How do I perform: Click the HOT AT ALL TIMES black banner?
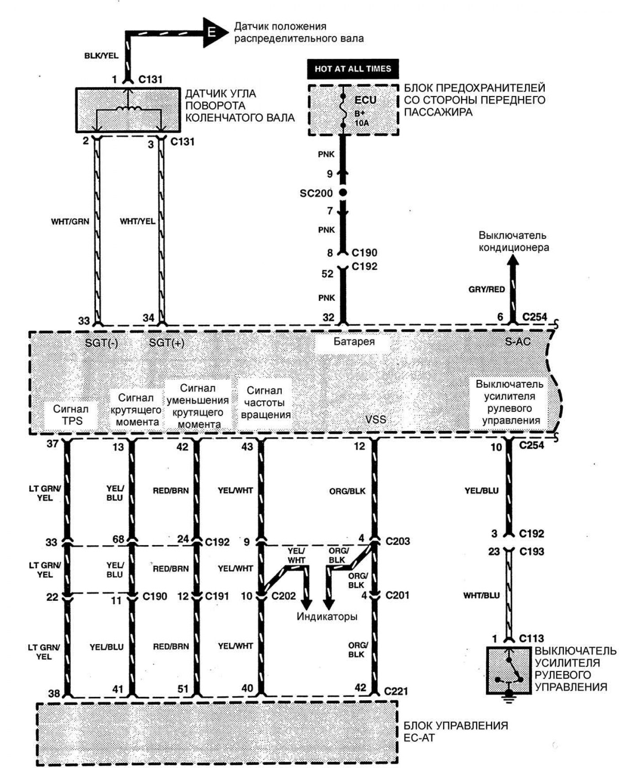point(353,69)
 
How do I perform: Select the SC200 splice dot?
point(343,193)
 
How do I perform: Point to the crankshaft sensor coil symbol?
point(128,108)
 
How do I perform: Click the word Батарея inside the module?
point(354,342)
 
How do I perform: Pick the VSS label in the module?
point(375,419)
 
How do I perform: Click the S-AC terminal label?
point(518,341)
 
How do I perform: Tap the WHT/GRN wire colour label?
point(70,221)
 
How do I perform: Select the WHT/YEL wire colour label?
point(138,221)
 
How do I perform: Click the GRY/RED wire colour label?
point(486,289)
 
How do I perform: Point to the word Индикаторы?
point(327,616)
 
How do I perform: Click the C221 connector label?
point(396,691)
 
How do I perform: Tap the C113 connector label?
point(531,638)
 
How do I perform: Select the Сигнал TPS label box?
point(71,415)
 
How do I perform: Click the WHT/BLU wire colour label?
point(481,595)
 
